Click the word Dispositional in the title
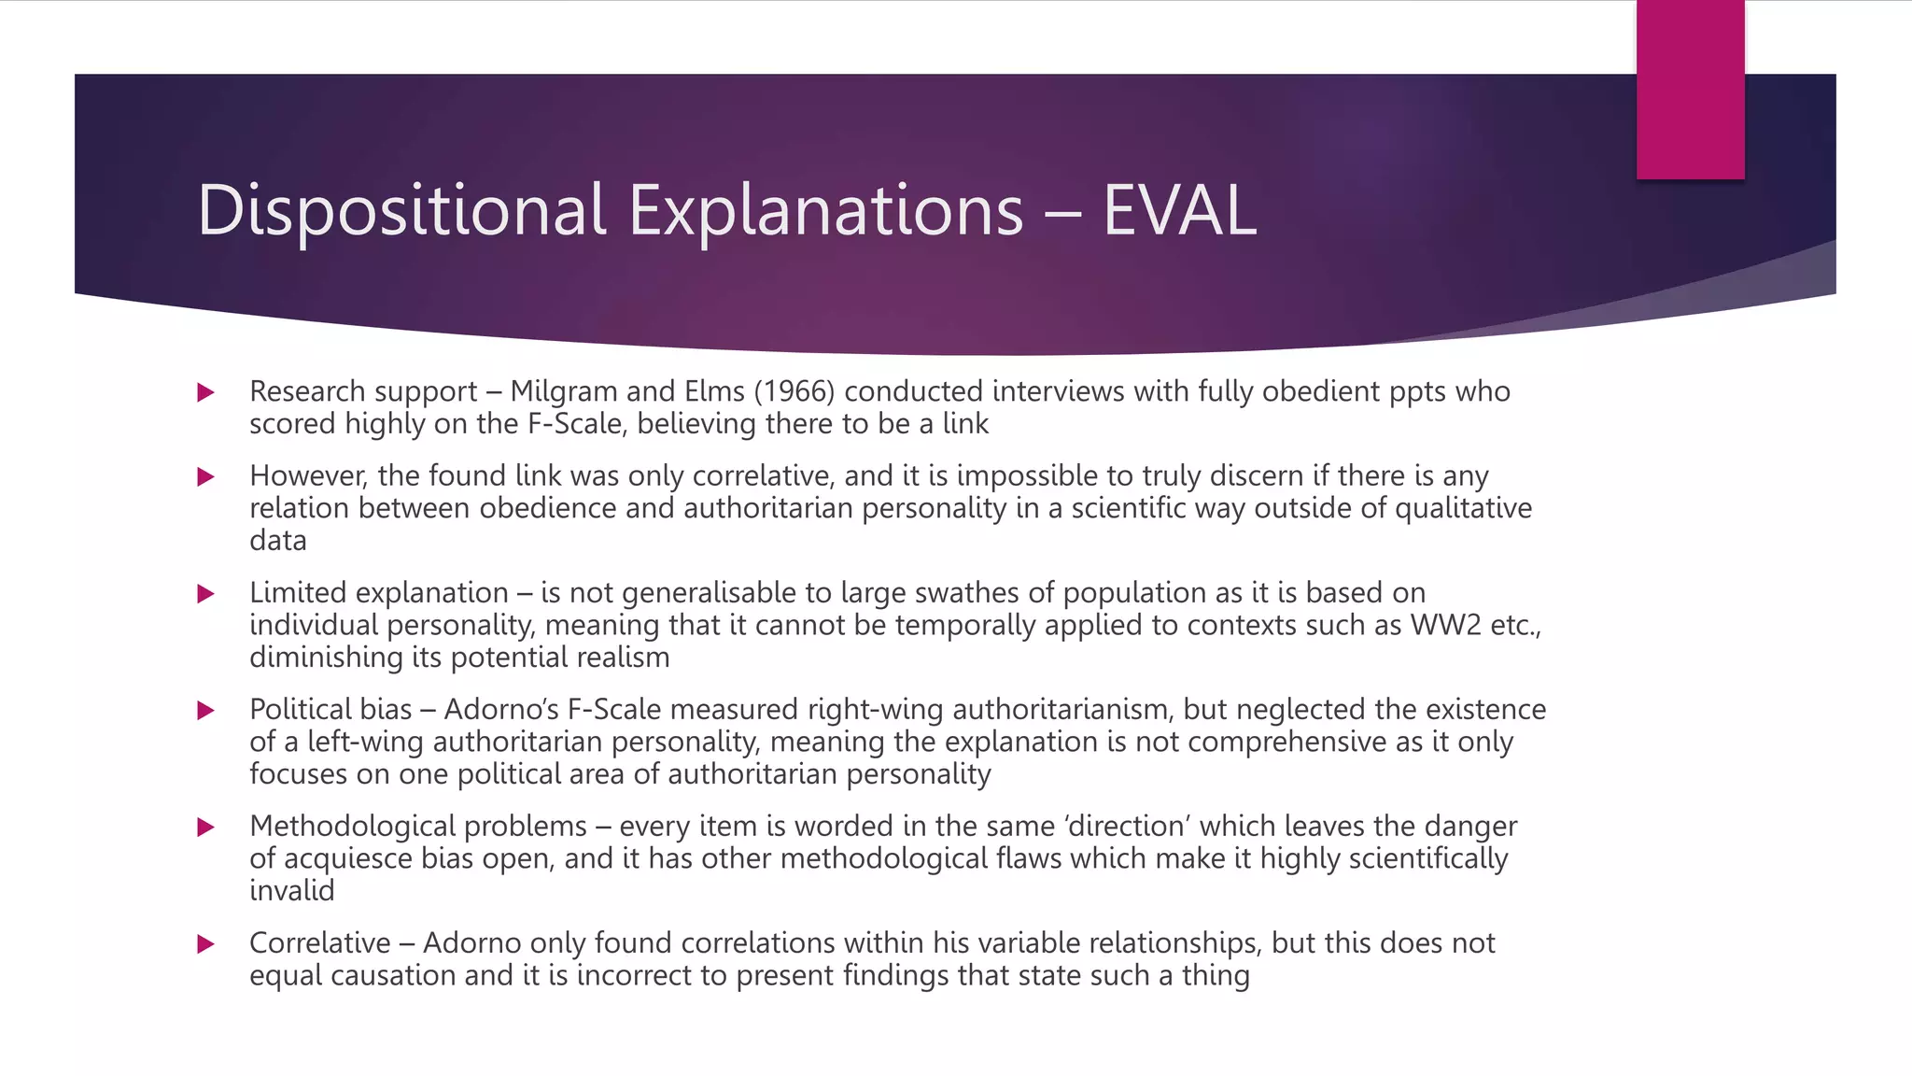coord(401,210)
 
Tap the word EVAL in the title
coord(1179,210)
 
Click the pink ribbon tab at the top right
coord(1690,90)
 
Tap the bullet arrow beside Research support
coord(206,392)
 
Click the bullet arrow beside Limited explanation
coord(206,594)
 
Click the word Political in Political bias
coord(304,710)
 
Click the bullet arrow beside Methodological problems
coord(206,828)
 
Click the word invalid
coord(291,891)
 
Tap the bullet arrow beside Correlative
coord(206,944)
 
